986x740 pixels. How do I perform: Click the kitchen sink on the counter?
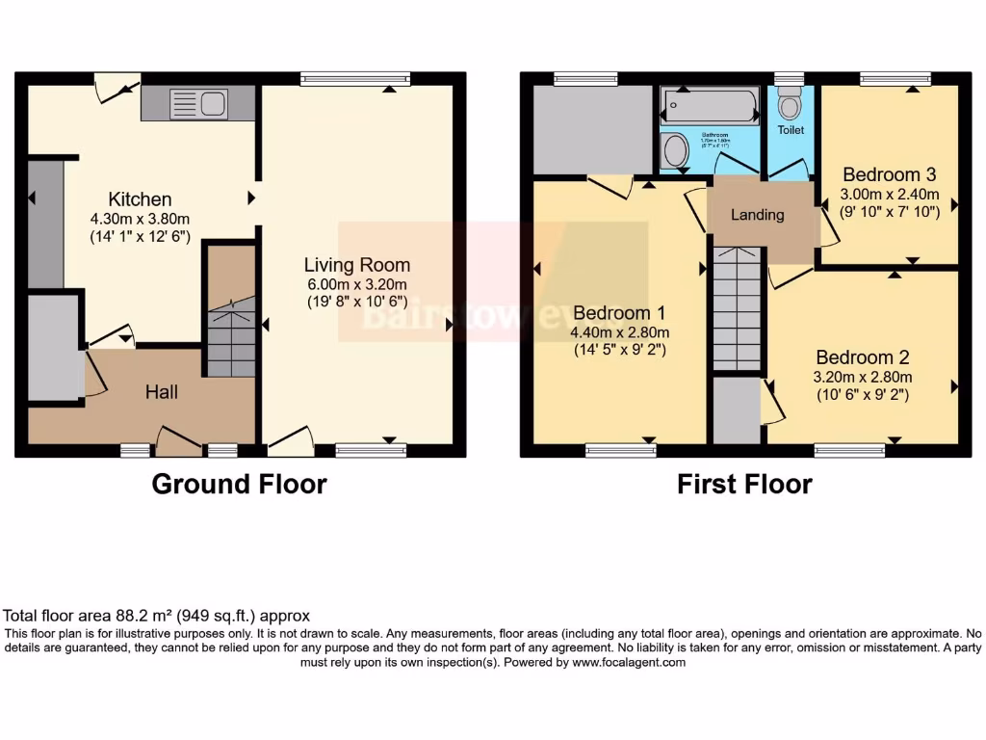197,103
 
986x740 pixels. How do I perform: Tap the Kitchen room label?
140,199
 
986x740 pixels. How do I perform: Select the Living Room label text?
357,265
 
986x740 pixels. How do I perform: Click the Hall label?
162,392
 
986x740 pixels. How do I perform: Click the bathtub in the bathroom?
711,104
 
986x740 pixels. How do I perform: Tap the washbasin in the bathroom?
677,151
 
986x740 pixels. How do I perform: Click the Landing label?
758,215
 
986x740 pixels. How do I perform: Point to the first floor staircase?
738,308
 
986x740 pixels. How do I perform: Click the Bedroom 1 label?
620,313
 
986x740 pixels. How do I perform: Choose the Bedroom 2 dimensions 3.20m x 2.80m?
864,377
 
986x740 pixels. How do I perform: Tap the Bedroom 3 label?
889,175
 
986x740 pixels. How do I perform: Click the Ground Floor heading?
239,484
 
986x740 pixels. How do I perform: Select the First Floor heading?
744,484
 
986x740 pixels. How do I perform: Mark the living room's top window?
354,79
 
